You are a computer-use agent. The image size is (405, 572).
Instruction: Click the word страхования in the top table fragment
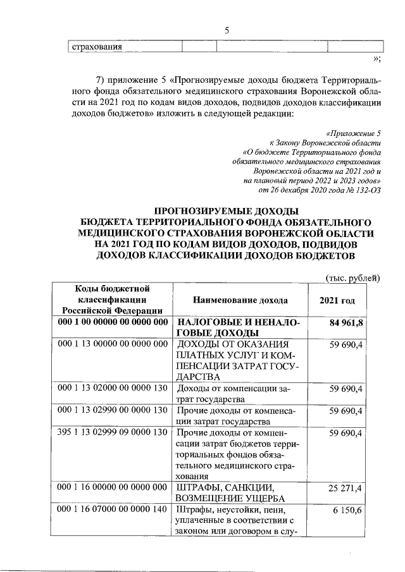[95, 47]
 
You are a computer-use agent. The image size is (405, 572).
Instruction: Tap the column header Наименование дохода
[240, 300]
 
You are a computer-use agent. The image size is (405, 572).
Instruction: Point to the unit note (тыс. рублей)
[352, 277]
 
